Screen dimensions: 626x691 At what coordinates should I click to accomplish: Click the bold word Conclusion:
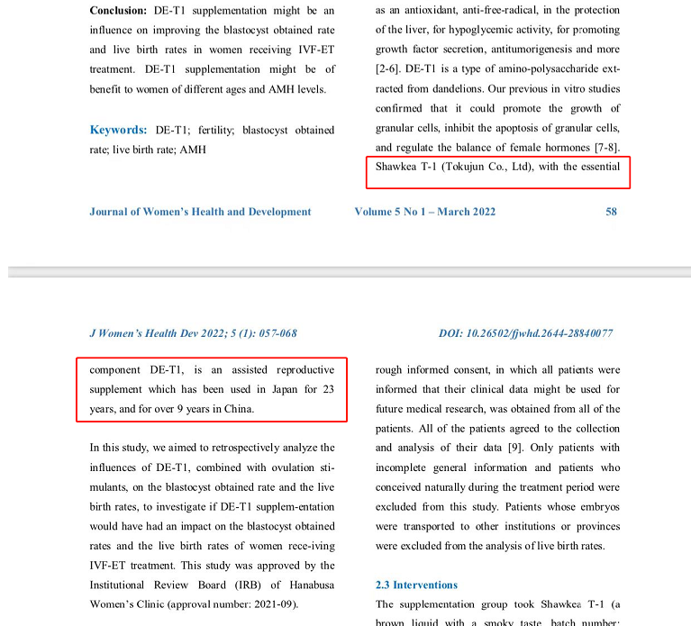coord(121,11)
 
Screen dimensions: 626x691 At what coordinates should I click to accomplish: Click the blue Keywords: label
coord(118,130)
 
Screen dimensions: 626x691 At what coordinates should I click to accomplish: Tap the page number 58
coord(612,212)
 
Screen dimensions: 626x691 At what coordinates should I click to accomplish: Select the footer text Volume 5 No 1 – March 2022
coord(424,212)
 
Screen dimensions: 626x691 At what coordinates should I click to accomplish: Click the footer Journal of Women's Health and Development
coord(200,212)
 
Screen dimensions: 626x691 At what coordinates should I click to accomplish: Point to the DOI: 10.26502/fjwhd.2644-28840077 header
coord(526,333)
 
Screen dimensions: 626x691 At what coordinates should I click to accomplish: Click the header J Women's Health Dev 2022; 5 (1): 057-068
coord(193,333)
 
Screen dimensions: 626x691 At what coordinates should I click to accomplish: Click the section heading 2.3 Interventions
coord(416,585)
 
